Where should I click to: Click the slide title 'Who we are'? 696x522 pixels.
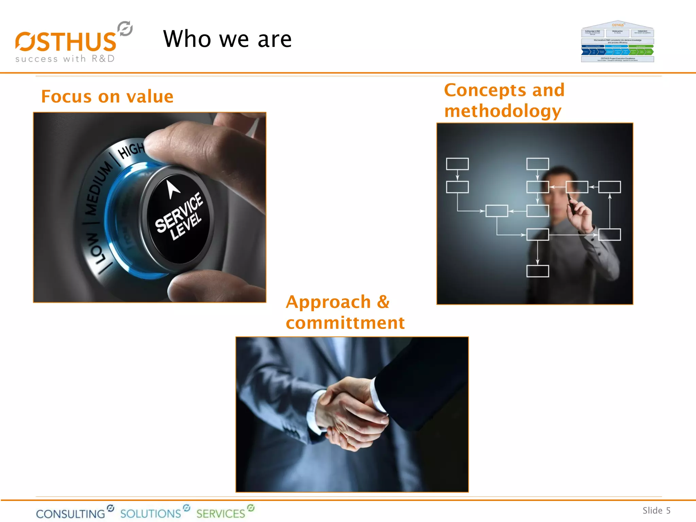tap(227, 39)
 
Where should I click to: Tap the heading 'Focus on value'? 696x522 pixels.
tap(107, 97)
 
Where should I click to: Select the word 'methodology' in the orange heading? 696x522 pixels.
tap(503, 111)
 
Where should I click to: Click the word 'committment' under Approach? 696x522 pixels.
tap(345, 323)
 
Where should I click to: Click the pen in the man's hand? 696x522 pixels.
tap(571, 204)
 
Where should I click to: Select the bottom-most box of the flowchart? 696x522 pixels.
tap(537, 271)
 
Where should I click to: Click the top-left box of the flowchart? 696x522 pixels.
tap(457, 164)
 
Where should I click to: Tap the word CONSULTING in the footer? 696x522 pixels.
tap(71, 514)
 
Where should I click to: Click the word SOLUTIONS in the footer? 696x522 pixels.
tap(151, 513)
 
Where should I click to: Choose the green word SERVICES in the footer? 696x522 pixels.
tap(221, 513)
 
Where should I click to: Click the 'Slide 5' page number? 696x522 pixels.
tap(656, 510)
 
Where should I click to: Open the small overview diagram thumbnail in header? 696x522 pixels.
tap(617, 42)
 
